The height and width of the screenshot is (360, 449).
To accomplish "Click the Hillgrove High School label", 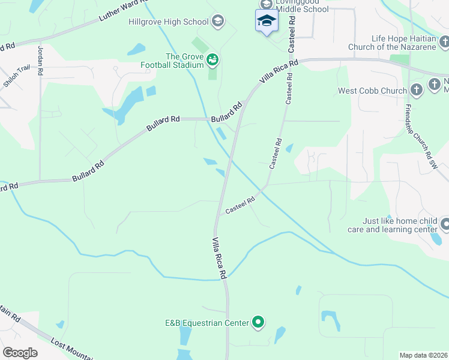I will point(169,22).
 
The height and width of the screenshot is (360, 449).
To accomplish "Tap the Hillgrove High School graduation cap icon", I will point(218,22).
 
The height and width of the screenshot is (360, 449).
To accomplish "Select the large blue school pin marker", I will point(266,21).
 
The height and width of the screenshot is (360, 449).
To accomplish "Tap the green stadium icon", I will point(212,60).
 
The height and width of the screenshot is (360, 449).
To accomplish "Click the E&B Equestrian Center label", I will point(207,323).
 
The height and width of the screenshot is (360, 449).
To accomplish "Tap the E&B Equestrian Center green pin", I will point(258,323).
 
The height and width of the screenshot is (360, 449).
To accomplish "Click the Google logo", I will point(20,353).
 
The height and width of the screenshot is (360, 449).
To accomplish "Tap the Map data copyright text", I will point(424,355).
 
